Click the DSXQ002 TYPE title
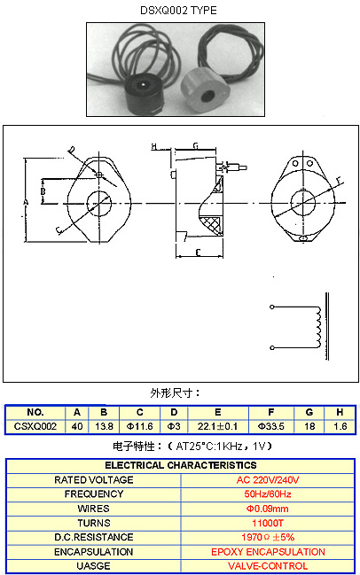[178, 11]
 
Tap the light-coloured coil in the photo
[205, 91]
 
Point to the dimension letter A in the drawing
[26, 202]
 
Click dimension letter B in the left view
[43, 191]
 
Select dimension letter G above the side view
[196, 146]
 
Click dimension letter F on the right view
[340, 180]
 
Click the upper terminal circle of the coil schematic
[272, 307]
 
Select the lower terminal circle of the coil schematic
[272, 347]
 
